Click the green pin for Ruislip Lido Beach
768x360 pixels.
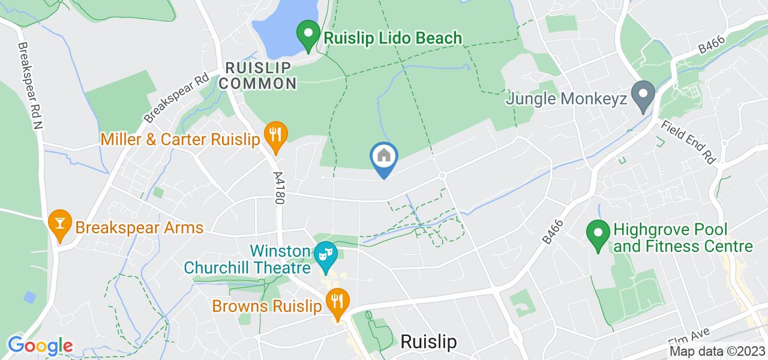(308, 35)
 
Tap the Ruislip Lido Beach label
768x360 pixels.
(393, 38)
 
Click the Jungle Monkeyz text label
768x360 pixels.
(566, 98)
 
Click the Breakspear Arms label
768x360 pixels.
(139, 228)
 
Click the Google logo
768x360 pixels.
(40, 346)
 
